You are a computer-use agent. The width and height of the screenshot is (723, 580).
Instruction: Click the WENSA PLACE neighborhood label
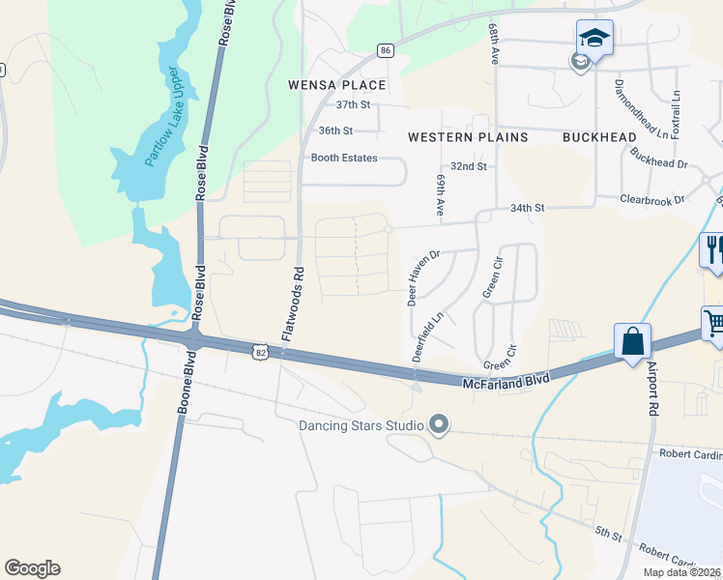click(337, 85)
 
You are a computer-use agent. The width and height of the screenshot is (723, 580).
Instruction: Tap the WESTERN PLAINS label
click(468, 137)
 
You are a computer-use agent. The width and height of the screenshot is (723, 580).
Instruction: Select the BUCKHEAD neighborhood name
click(599, 137)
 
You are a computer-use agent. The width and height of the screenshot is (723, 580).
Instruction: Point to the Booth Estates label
click(343, 158)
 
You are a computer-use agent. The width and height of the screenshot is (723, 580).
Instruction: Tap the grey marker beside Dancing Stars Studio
click(439, 424)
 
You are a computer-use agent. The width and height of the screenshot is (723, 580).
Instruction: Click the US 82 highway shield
click(261, 354)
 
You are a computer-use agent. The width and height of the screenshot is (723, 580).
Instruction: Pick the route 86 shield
click(386, 50)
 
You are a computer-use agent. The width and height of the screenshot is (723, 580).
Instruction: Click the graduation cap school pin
click(594, 39)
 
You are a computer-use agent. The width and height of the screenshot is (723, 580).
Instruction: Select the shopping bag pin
click(632, 342)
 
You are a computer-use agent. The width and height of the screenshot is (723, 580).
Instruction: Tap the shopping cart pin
click(713, 321)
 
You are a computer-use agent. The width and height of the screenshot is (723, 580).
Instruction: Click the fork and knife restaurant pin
click(713, 248)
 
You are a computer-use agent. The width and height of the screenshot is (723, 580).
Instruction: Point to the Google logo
click(32, 568)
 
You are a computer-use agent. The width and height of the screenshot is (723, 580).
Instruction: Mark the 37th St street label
click(353, 104)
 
